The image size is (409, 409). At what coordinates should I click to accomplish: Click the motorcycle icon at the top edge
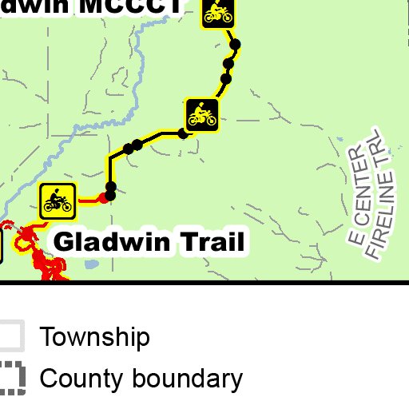coord(217,13)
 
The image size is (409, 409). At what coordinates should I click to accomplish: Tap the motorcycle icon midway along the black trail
coord(202,115)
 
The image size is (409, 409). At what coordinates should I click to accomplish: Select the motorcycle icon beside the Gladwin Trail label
coord(58,201)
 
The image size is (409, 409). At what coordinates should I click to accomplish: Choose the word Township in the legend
coord(94,337)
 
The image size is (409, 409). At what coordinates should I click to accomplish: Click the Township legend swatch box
coord(10,336)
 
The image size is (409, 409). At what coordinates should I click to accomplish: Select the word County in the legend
coord(81,378)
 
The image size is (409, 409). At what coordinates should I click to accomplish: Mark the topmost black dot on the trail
coord(235,45)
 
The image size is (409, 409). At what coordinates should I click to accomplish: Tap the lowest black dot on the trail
coord(110,196)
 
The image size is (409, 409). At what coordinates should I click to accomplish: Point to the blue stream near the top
coord(141,48)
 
